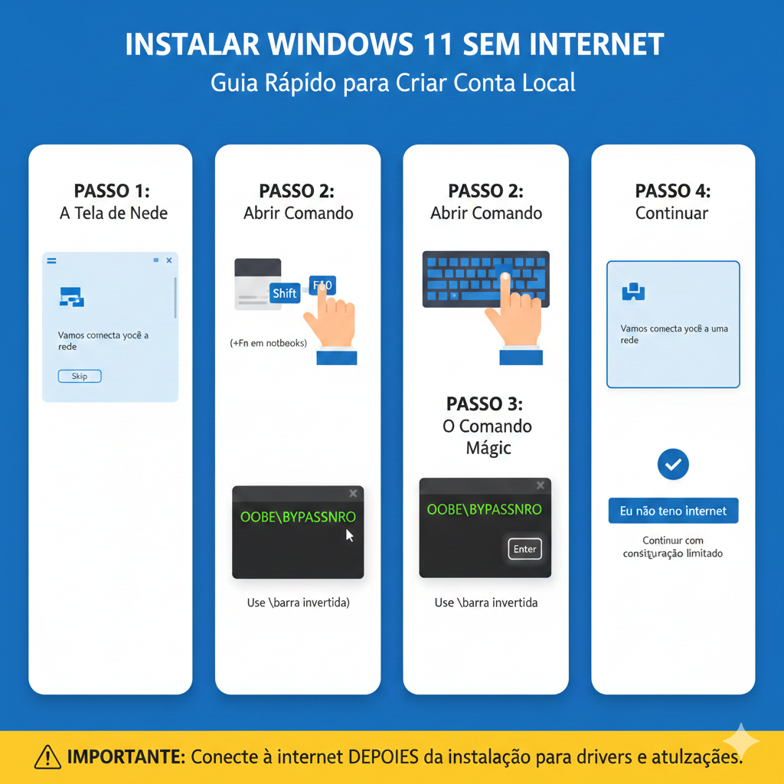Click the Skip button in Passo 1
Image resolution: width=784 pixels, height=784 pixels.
(x=80, y=376)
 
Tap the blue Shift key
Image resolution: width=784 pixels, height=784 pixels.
(x=285, y=293)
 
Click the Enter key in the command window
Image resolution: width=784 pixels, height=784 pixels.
(x=525, y=549)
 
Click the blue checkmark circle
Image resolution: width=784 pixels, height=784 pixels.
(x=673, y=464)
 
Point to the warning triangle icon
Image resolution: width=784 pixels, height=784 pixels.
(x=47, y=758)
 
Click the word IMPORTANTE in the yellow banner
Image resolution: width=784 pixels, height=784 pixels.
(x=126, y=758)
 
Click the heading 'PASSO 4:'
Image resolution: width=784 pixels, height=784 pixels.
(x=672, y=191)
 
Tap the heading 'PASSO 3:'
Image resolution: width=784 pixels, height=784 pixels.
(x=485, y=403)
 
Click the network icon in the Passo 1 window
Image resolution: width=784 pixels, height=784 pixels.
(x=71, y=297)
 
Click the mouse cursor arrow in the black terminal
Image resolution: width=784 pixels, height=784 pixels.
(x=350, y=535)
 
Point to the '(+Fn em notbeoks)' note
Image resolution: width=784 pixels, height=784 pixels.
(x=268, y=343)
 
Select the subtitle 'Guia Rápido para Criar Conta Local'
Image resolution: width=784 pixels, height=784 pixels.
(x=393, y=83)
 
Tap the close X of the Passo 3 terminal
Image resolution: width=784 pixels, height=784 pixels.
(x=541, y=485)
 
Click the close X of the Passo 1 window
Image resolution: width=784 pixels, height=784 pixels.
(x=169, y=261)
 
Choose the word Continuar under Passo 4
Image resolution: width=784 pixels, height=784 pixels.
(x=672, y=213)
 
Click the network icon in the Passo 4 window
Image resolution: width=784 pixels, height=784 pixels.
(x=634, y=291)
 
